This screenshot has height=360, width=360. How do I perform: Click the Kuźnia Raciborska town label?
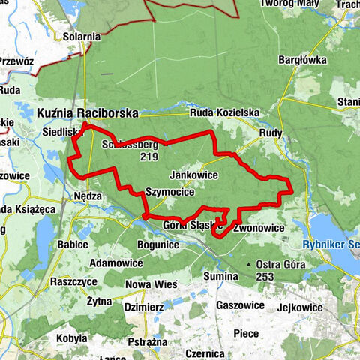(87, 113)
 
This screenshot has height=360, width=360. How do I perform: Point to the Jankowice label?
(194, 175)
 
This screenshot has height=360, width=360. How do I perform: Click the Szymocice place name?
(170, 191)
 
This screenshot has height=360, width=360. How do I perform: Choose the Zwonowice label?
(259, 227)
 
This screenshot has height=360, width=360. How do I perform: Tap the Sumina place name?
(220, 276)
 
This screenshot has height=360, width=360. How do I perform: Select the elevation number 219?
(148, 158)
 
